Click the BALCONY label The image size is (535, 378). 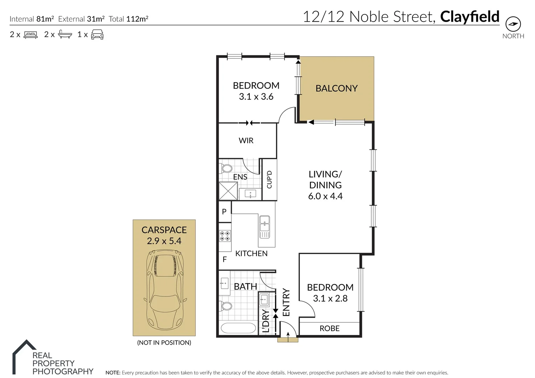click(x=336, y=89)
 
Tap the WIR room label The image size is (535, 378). click(x=246, y=141)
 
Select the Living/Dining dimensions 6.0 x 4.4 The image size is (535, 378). click(x=325, y=196)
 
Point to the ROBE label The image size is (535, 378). click(x=329, y=329)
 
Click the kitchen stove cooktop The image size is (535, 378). click(x=225, y=236)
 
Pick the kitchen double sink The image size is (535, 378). click(x=265, y=226)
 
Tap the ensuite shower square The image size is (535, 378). click(x=228, y=191)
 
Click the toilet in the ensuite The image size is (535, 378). click(x=226, y=168)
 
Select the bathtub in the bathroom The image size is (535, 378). click(x=238, y=329)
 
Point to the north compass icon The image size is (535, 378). click(x=513, y=24)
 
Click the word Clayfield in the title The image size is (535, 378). click(x=469, y=16)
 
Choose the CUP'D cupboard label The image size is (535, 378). click(x=269, y=180)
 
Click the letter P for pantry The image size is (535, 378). click(x=224, y=211)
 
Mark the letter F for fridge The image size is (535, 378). click(x=225, y=259)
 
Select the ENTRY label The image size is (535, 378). click(x=286, y=303)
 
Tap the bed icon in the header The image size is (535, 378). click(x=30, y=35)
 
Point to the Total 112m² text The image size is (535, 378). click(x=128, y=19)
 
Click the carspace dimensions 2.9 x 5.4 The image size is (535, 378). click(x=164, y=241)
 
